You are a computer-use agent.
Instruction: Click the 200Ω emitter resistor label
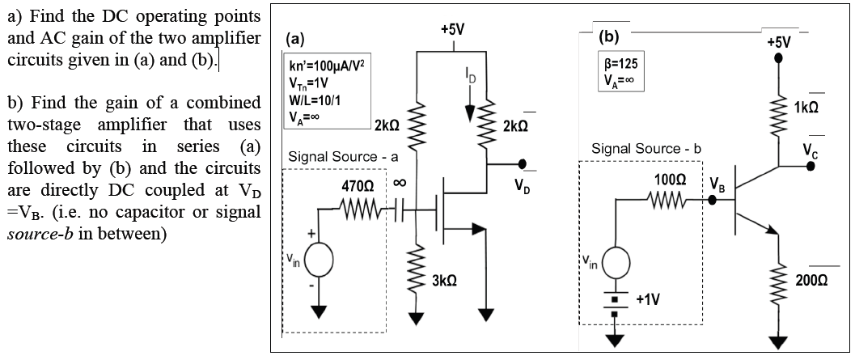[811, 279]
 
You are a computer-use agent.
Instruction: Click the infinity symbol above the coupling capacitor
[397, 184]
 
